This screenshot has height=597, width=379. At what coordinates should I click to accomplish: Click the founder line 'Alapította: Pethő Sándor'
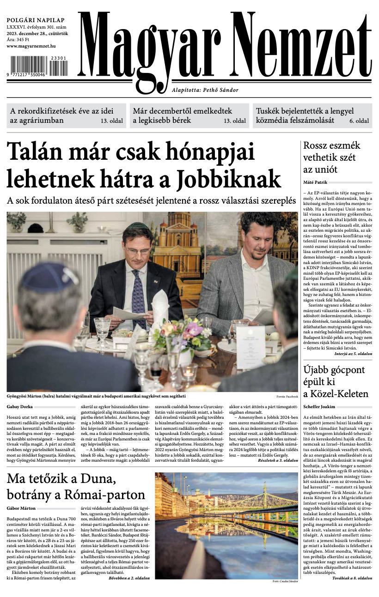pos(205,90)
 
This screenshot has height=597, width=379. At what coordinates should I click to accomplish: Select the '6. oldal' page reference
pos(359,121)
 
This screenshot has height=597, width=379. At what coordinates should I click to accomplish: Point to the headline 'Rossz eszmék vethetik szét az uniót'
pos(331,157)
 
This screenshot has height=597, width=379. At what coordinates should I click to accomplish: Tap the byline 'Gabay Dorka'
pos(19,406)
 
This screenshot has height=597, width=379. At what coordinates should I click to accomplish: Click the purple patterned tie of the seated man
pos(138,296)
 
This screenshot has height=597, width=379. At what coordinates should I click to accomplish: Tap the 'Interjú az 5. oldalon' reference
pos(353,353)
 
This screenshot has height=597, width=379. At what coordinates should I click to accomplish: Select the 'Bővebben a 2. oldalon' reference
pos(129,578)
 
